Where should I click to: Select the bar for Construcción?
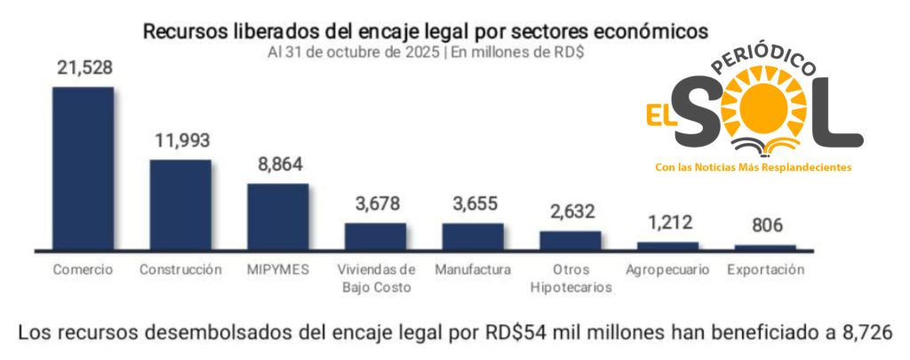(x=180, y=204)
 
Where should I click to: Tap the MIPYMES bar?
(x=277, y=215)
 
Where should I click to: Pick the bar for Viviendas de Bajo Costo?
(x=375, y=236)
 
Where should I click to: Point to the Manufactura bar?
(x=473, y=236)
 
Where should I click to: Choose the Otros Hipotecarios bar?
(x=571, y=239)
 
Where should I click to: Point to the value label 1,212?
(x=668, y=223)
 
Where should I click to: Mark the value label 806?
(x=765, y=227)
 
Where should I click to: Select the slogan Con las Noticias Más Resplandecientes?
(x=753, y=167)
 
